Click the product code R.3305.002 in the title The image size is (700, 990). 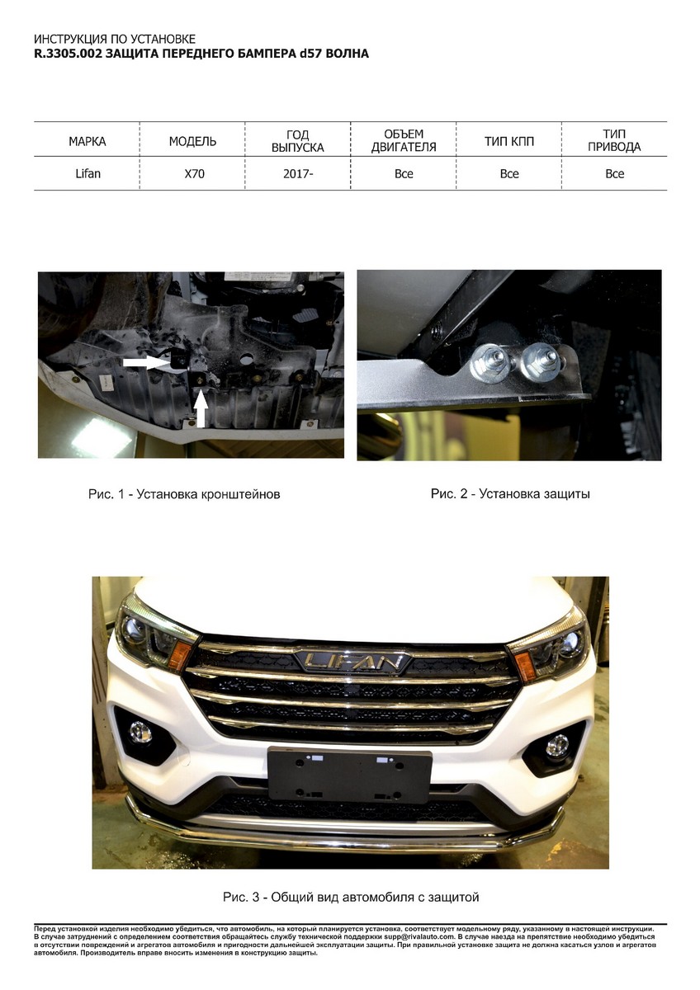click(68, 54)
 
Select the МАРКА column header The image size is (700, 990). click(87, 142)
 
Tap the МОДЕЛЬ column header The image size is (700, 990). click(192, 142)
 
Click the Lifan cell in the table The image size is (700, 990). click(88, 174)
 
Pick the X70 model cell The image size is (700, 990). click(195, 174)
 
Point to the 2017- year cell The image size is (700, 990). click(298, 174)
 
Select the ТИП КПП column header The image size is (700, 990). click(509, 142)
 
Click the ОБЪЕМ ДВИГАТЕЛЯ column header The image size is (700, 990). click(404, 140)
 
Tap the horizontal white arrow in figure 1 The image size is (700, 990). click(146, 362)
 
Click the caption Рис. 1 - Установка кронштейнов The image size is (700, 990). click(184, 494)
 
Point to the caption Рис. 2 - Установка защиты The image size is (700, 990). click(510, 493)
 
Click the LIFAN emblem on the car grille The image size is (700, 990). click(354, 661)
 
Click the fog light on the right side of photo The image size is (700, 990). click(557, 746)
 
